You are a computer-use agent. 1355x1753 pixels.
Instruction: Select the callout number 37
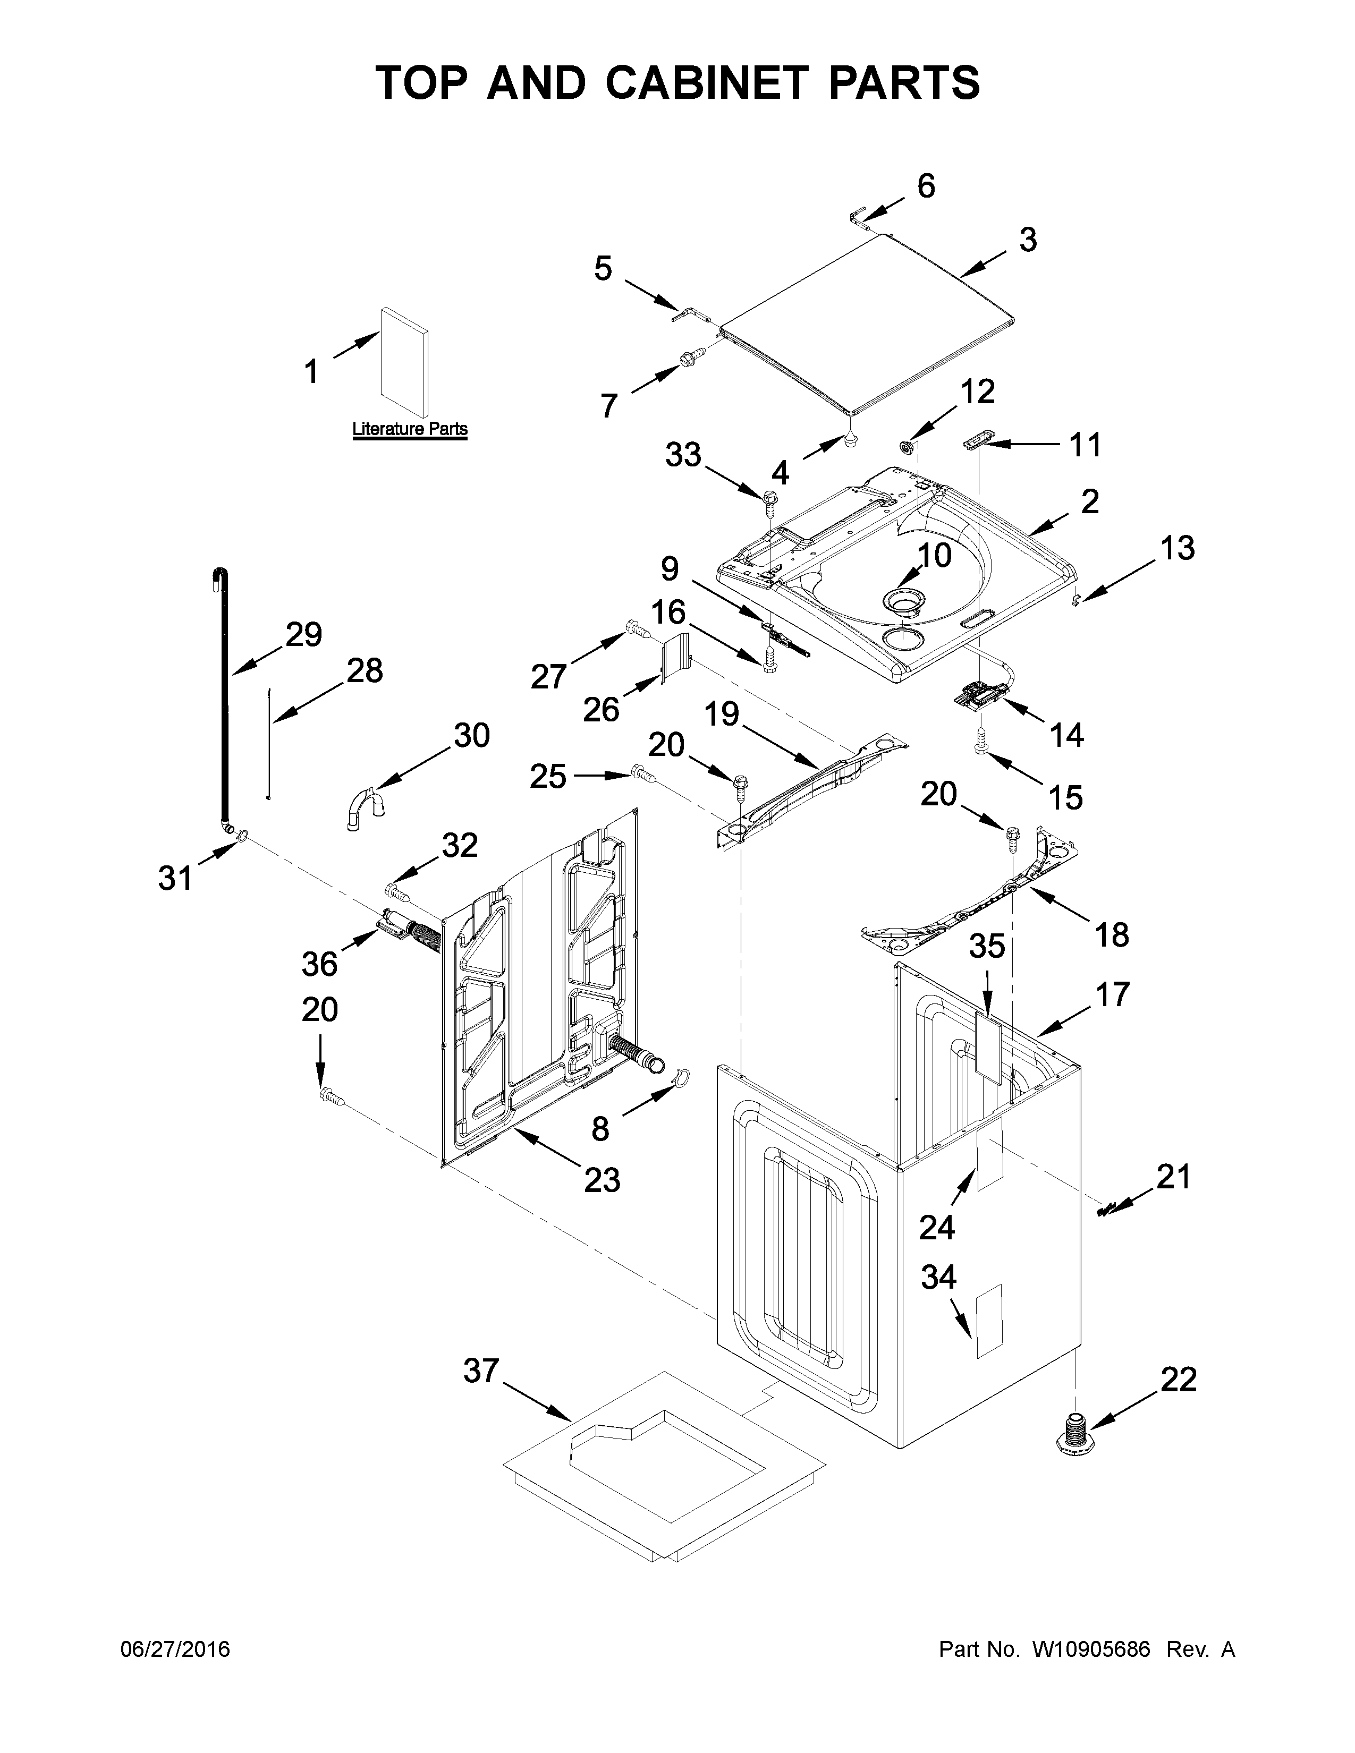click(481, 1371)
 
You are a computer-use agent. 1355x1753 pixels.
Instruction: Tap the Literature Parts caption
click(409, 429)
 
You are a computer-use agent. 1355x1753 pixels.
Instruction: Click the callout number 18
click(1112, 934)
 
